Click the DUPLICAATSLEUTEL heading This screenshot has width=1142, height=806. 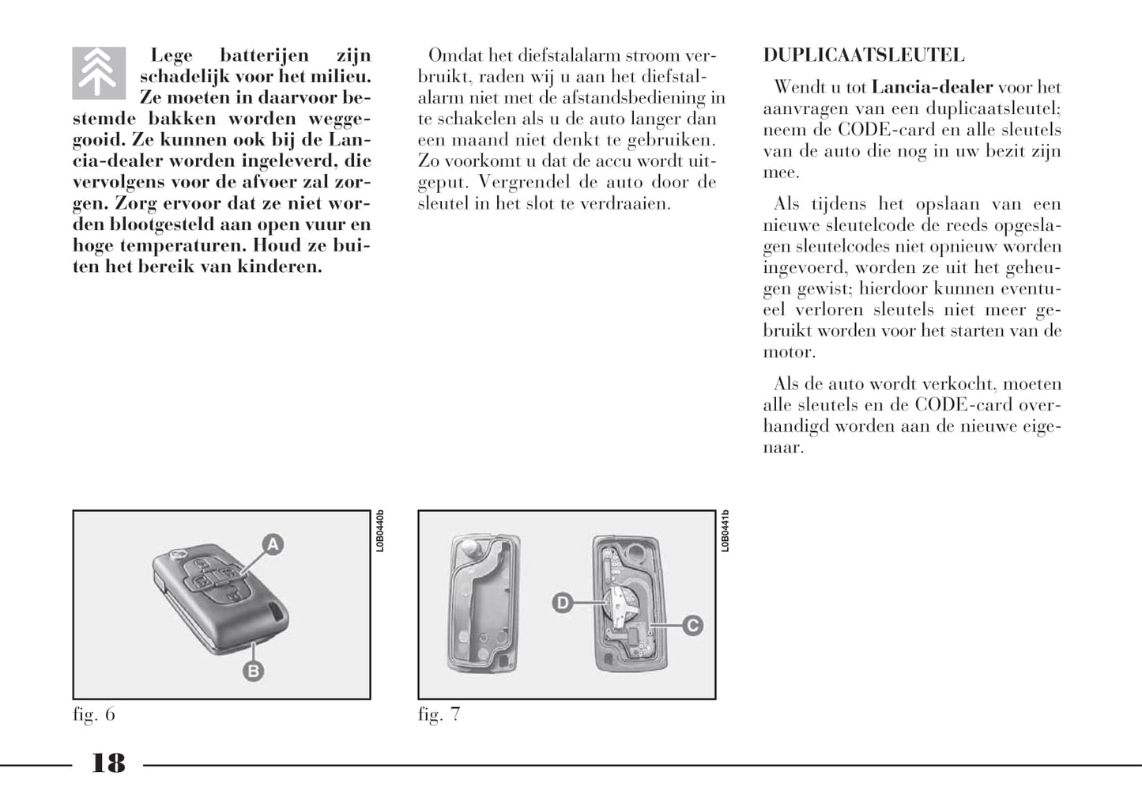coord(863,55)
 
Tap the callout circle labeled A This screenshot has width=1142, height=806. coord(273,544)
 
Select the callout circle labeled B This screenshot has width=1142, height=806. coord(252,672)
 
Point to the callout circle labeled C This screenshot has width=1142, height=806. coord(692,626)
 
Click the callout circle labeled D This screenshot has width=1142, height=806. coord(562,604)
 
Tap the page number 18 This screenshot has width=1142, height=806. coord(108,763)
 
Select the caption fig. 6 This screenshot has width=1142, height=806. coord(94,714)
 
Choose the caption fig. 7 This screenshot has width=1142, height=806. coord(439,714)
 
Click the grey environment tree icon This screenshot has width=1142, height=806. coord(99,73)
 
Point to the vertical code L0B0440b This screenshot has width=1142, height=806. coord(380,531)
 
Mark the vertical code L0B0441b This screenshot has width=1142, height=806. coord(726,531)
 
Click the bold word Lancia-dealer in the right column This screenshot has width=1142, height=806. coord(932,88)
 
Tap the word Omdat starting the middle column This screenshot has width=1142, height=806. coord(454,55)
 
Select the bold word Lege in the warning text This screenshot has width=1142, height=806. coord(171,55)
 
